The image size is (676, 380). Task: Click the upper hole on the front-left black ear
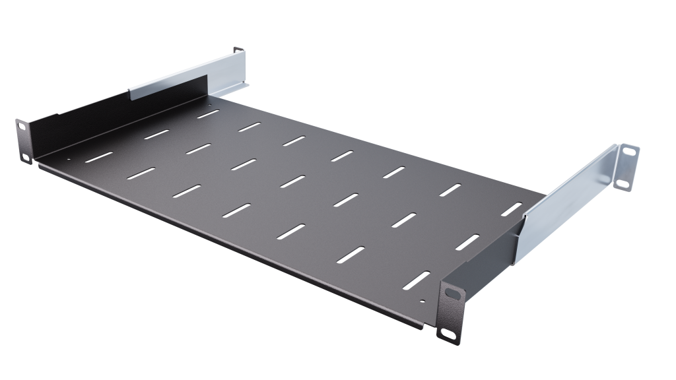coord(20,125)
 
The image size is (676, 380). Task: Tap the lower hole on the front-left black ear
coord(26,156)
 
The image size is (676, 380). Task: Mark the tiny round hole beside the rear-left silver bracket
coord(211,104)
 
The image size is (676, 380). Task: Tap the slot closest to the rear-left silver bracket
coord(208,113)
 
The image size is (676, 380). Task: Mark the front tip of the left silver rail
coord(131,92)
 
